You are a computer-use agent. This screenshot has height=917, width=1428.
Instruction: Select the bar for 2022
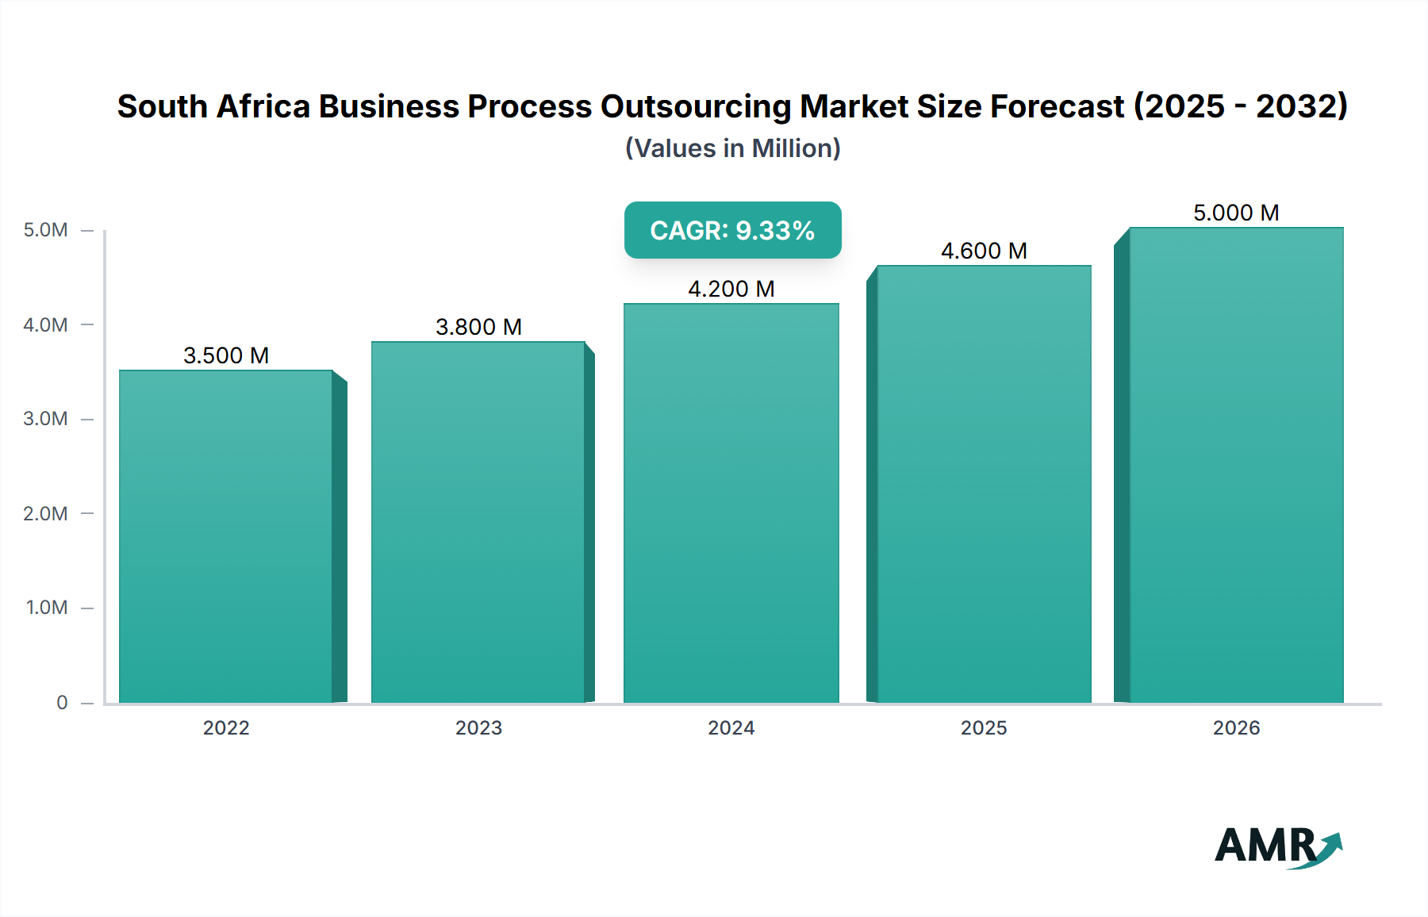point(226,536)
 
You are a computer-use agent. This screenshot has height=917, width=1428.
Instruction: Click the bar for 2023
point(478,522)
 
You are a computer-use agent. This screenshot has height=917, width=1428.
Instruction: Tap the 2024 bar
point(731,503)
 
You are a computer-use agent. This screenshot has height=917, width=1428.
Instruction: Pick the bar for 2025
point(984,484)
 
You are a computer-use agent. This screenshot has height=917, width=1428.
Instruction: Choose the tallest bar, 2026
point(1236,465)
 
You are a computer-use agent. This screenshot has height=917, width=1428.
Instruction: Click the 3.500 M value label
point(226,355)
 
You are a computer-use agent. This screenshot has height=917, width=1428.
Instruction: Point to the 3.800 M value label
point(478,327)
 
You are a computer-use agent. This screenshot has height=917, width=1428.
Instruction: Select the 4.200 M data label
point(731,289)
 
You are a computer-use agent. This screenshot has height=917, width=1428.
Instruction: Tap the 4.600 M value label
point(984,251)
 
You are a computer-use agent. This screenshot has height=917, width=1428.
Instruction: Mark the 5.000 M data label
point(1236,213)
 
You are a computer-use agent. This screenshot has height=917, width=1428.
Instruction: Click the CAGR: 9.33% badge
point(732,230)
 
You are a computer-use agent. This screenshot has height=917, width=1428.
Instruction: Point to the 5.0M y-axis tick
point(46,230)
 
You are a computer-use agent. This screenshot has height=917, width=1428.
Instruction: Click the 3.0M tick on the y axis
point(46,419)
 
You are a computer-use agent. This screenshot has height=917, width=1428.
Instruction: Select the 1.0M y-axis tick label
point(47,608)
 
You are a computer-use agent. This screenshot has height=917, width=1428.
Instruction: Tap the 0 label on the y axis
point(62,702)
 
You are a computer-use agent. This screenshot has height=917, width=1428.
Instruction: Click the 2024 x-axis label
point(731,727)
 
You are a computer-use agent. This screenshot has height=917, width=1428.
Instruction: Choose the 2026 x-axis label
point(1236,727)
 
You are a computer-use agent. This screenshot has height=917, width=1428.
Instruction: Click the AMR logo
point(1277,846)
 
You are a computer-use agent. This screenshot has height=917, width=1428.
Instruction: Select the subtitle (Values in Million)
point(732,148)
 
